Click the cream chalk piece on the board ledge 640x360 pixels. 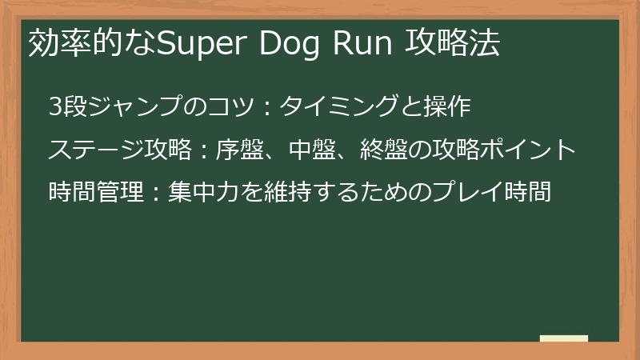click(564, 338)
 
